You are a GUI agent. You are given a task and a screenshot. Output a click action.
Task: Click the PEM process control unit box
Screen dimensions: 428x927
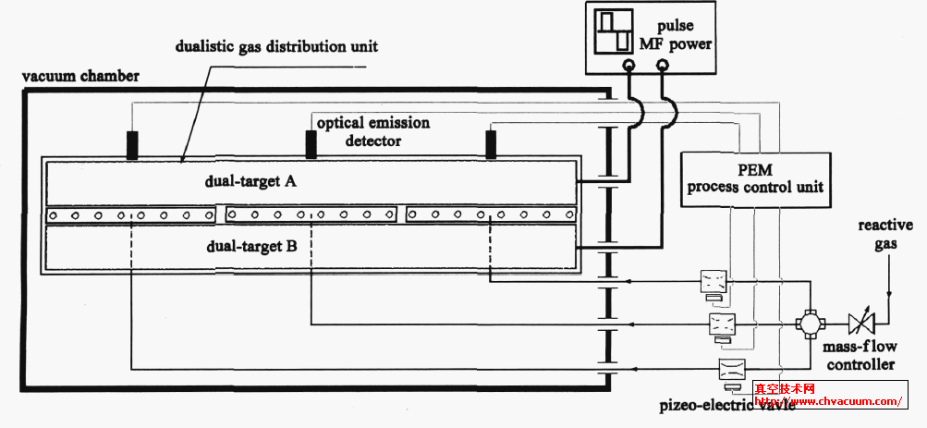tap(753, 178)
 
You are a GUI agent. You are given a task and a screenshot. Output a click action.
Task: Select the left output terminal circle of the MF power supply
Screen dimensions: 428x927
tap(629, 66)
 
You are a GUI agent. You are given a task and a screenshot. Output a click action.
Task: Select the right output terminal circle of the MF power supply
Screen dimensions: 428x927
tap(662, 66)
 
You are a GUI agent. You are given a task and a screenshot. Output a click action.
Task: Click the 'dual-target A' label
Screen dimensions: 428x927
tap(250, 182)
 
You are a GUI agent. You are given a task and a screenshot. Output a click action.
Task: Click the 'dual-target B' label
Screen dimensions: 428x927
tap(250, 246)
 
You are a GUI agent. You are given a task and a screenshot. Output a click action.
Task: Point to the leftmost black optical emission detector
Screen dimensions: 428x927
tap(133, 144)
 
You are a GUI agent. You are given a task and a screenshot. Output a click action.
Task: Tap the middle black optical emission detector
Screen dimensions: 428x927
tap(311, 144)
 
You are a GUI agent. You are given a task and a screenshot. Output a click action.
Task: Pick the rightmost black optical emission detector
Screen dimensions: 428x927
tap(491, 144)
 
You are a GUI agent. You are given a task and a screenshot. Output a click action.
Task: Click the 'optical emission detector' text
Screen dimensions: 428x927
tap(372, 131)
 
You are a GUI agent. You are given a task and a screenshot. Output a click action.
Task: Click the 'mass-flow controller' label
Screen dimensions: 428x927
tap(860, 357)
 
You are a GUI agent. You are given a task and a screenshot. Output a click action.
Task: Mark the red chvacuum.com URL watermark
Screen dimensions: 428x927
tap(827, 401)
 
